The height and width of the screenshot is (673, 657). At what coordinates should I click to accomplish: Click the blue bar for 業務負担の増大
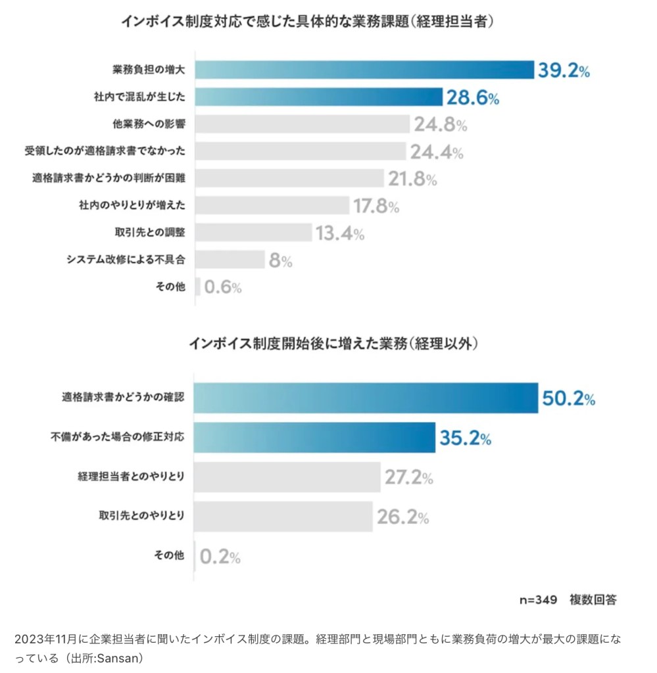pos(365,70)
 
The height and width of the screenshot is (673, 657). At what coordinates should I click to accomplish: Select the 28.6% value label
pos(473,98)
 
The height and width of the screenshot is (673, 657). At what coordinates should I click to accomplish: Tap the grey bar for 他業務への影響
pos(303,125)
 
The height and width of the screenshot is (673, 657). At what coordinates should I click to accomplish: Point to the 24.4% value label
pos(437,152)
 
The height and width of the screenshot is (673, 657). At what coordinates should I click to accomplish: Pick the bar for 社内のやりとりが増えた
pos(272,206)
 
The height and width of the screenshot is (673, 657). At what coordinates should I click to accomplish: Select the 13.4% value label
pos(340,233)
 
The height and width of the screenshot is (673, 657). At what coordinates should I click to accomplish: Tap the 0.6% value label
pos(222,287)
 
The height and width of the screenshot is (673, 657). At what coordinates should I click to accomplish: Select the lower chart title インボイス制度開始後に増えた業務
pos(333,343)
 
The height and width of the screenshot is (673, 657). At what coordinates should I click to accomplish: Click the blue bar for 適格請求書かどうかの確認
pos(367,398)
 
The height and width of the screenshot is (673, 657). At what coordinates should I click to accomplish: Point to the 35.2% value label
pos(466,438)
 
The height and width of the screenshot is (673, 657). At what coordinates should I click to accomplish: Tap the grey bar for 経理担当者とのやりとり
pos(288,477)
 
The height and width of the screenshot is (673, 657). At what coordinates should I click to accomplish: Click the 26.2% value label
pos(402,517)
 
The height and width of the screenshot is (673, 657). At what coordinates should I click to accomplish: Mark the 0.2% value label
pos(220,557)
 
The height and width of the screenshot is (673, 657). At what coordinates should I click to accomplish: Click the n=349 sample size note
pos(538,600)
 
